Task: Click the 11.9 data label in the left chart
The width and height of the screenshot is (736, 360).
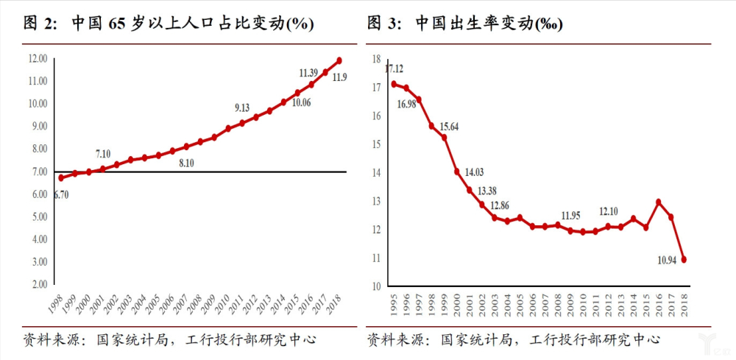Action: point(339,77)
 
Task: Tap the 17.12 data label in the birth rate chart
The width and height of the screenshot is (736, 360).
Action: point(394,68)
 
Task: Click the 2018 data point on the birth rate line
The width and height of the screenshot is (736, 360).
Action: point(685,259)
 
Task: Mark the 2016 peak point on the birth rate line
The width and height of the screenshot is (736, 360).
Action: point(658,202)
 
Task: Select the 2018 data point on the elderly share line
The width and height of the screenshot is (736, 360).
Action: point(339,60)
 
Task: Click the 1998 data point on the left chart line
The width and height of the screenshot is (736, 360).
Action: point(61,177)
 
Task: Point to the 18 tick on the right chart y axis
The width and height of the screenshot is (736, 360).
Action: point(376,59)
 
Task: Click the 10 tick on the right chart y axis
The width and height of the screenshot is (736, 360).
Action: point(376,286)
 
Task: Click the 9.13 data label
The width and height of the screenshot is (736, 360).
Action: point(242,107)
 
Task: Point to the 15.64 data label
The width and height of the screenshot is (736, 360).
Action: point(448,127)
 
